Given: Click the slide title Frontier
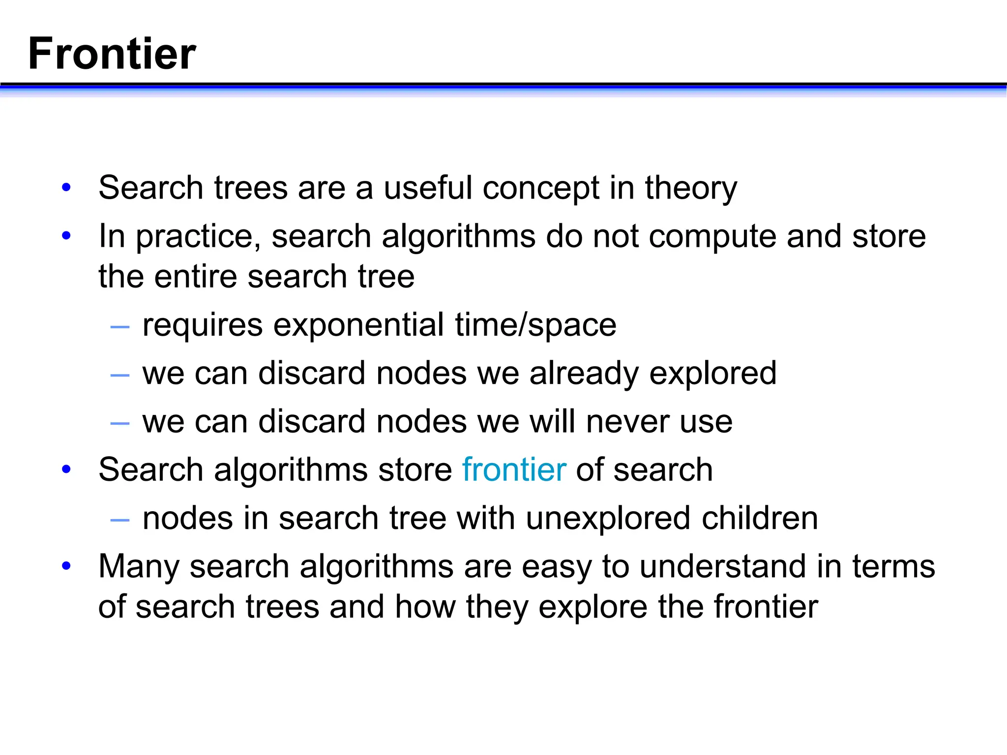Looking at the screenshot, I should click(112, 54).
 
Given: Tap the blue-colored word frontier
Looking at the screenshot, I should click(514, 470).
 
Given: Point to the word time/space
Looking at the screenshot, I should click(535, 325).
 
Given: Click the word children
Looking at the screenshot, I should click(760, 519).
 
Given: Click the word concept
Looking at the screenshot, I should click(541, 188).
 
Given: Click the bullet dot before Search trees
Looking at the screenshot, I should click(66, 188).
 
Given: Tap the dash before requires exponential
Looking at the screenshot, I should click(120, 326).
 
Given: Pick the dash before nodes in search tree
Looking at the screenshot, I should click(120, 520).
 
